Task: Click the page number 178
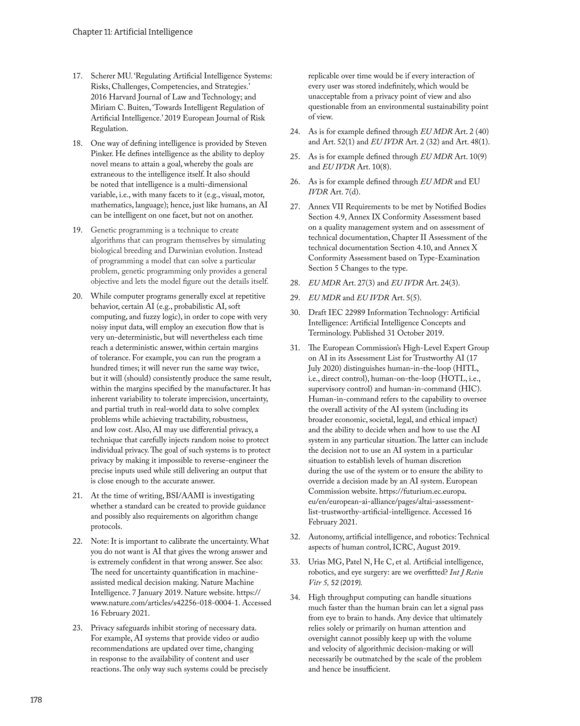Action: [x=36, y=700]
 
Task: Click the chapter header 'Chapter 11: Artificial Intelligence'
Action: [x=133, y=32]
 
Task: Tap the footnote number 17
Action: [x=77, y=76]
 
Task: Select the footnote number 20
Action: [x=77, y=296]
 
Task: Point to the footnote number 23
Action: [x=77, y=628]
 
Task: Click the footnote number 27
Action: [x=295, y=207]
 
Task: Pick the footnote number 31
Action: [x=295, y=348]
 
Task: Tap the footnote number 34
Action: [x=295, y=598]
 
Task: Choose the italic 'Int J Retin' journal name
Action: [x=466, y=572]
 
